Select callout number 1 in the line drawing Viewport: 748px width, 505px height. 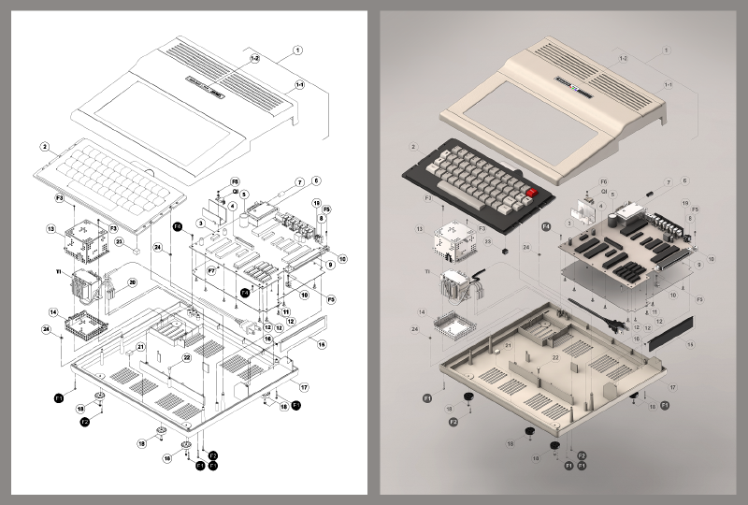(297, 50)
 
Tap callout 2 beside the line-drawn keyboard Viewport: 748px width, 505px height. (44, 147)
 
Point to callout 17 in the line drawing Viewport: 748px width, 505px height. (304, 386)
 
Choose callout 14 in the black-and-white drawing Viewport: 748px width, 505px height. (53, 312)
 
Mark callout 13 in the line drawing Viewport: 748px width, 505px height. (51, 227)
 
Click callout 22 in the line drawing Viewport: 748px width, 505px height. (187, 357)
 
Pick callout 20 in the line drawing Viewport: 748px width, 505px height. (132, 281)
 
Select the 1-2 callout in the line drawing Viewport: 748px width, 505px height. (254, 59)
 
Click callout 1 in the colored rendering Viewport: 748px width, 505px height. (666, 50)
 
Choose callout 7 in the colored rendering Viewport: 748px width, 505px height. (669, 181)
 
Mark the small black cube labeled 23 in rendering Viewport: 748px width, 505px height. (503, 252)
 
